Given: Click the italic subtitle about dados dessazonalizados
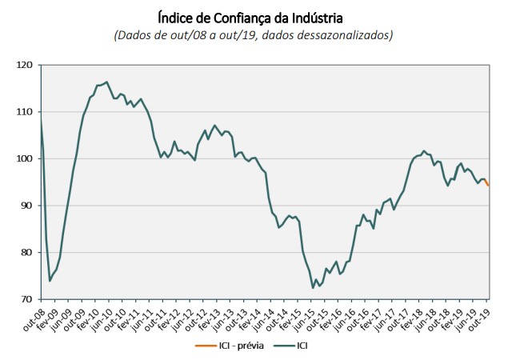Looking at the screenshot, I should (254, 35).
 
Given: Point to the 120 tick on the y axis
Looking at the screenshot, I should (26, 65).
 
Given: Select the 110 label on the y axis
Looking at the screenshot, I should (26, 112).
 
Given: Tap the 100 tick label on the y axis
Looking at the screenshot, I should (26, 158).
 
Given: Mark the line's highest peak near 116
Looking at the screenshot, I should (107, 82).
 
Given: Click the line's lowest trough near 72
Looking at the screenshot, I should (314, 287).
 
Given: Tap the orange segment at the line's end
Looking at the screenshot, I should (487, 183).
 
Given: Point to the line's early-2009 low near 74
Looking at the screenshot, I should (50, 280).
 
